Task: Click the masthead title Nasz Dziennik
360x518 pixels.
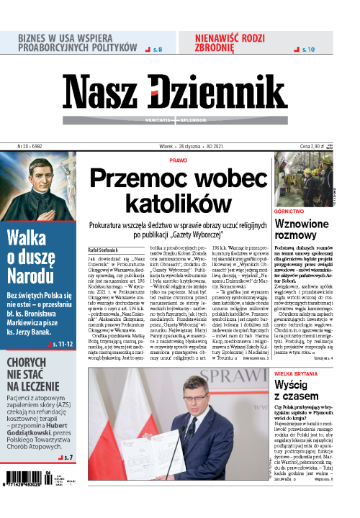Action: pos(173,91)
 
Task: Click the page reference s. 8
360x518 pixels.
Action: pos(155,49)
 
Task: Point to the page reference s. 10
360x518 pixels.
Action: pos(305,49)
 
